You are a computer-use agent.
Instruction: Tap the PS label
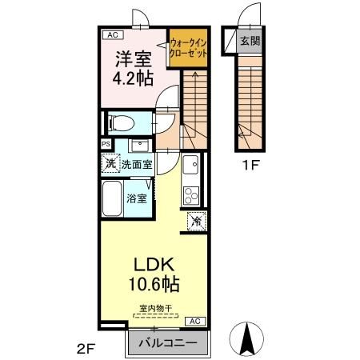click(x=106, y=144)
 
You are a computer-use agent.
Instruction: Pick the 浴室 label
click(x=137, y=197)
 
